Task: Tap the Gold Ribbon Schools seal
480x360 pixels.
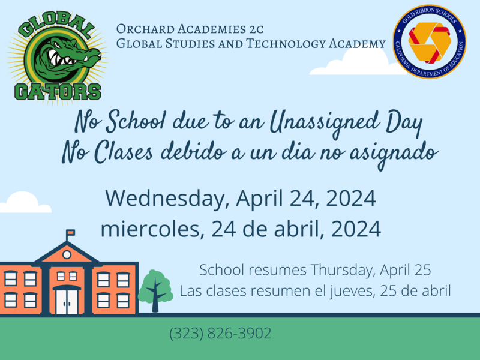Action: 430,41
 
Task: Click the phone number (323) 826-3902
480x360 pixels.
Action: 221,333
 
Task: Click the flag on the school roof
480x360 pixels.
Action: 70,232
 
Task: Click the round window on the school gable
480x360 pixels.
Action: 67,254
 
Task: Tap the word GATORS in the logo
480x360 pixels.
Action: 58,91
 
